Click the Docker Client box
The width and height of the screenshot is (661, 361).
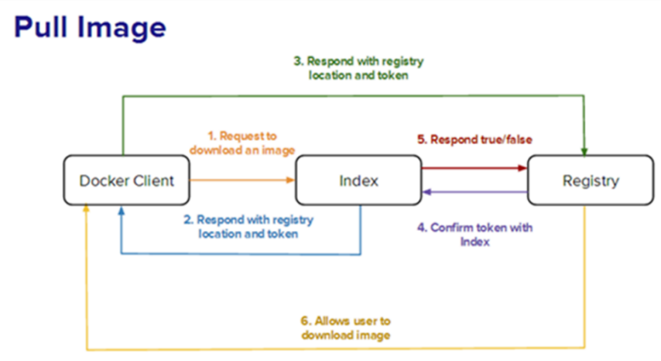tap(126, 180)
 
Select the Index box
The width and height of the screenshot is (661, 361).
tap(358, 180)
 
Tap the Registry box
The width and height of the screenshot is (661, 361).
tap(591, 180)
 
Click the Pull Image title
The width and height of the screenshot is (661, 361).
tap(91, 27)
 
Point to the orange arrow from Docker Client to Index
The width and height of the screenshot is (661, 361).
tap(242, 180)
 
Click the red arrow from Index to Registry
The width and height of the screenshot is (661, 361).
tap(474, 168)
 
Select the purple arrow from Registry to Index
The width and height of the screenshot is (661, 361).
tap(474, 192)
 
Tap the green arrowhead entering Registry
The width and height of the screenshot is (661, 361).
tap(584, 152)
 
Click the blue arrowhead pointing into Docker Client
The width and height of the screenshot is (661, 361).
tap(122, 210)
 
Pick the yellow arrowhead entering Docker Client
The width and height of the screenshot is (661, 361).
tap(86, 209)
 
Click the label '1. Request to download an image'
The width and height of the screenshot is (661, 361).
tap(242, 143)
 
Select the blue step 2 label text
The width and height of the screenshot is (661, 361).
tap(248, 226)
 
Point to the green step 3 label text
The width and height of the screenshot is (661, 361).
tap(358, 68)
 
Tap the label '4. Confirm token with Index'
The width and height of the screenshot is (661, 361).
tap(475, 235)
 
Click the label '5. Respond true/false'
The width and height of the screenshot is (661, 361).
tap(474, 139)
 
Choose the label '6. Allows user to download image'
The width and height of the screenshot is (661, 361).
tap(346, 328)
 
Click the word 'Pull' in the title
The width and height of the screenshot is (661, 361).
tap(41, 27)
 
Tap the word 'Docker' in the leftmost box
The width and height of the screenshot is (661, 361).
tap(104, 180)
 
